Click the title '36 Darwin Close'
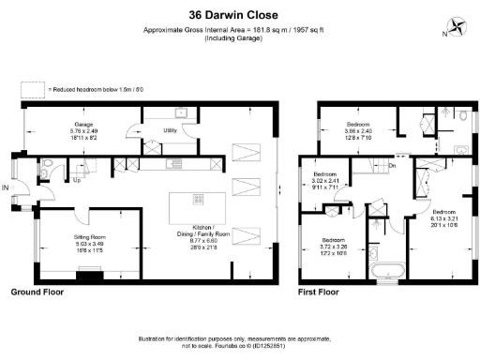point(240,15)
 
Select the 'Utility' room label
point(171,130)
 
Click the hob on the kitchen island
point(198,199)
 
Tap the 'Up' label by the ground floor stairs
point(77,181)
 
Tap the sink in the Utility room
point(179,112)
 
